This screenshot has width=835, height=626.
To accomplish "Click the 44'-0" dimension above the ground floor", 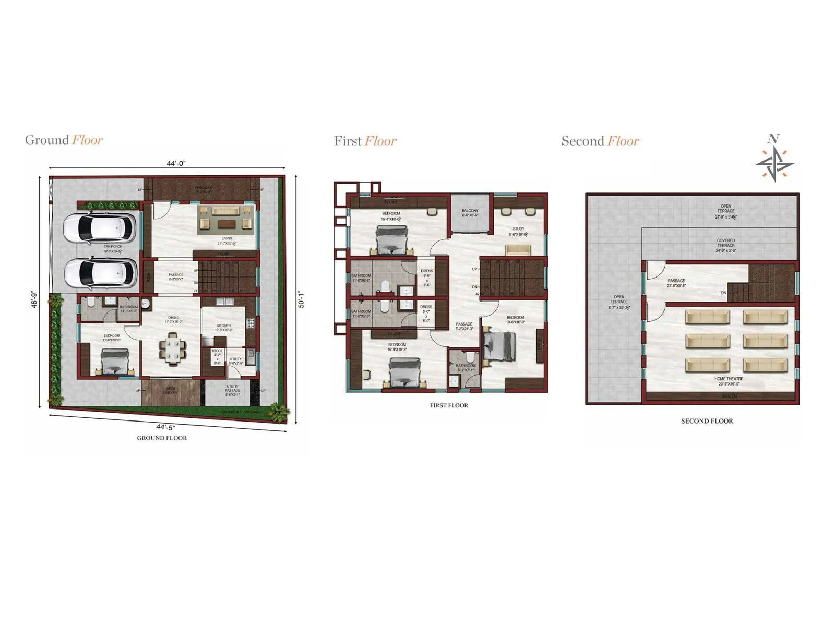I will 176,163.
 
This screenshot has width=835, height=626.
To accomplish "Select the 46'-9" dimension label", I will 34,299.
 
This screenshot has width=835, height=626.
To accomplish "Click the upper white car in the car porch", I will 100,227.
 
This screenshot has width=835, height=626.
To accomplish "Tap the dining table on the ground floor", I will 172,348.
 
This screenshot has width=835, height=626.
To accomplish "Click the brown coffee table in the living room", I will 226,224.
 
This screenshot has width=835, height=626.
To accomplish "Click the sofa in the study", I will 518,249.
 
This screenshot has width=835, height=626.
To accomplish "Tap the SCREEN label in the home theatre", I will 729,396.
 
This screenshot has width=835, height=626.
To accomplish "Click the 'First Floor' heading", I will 365,141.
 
